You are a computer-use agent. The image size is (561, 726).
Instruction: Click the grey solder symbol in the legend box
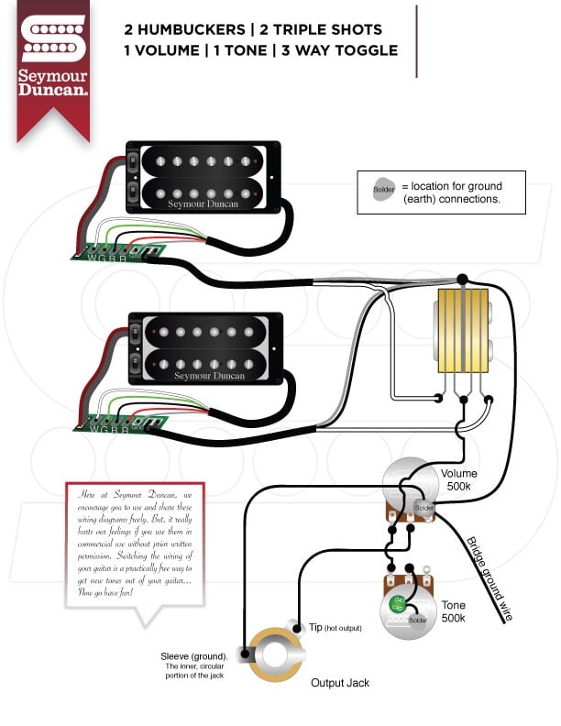point(382,191)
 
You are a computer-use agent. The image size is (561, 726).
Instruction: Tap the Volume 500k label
point(458,481)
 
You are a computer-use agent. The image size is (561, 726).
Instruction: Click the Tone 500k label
point(453,611)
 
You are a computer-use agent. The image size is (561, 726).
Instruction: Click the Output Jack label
point(339,683)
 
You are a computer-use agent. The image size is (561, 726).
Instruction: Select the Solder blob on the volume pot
point(423,508)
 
